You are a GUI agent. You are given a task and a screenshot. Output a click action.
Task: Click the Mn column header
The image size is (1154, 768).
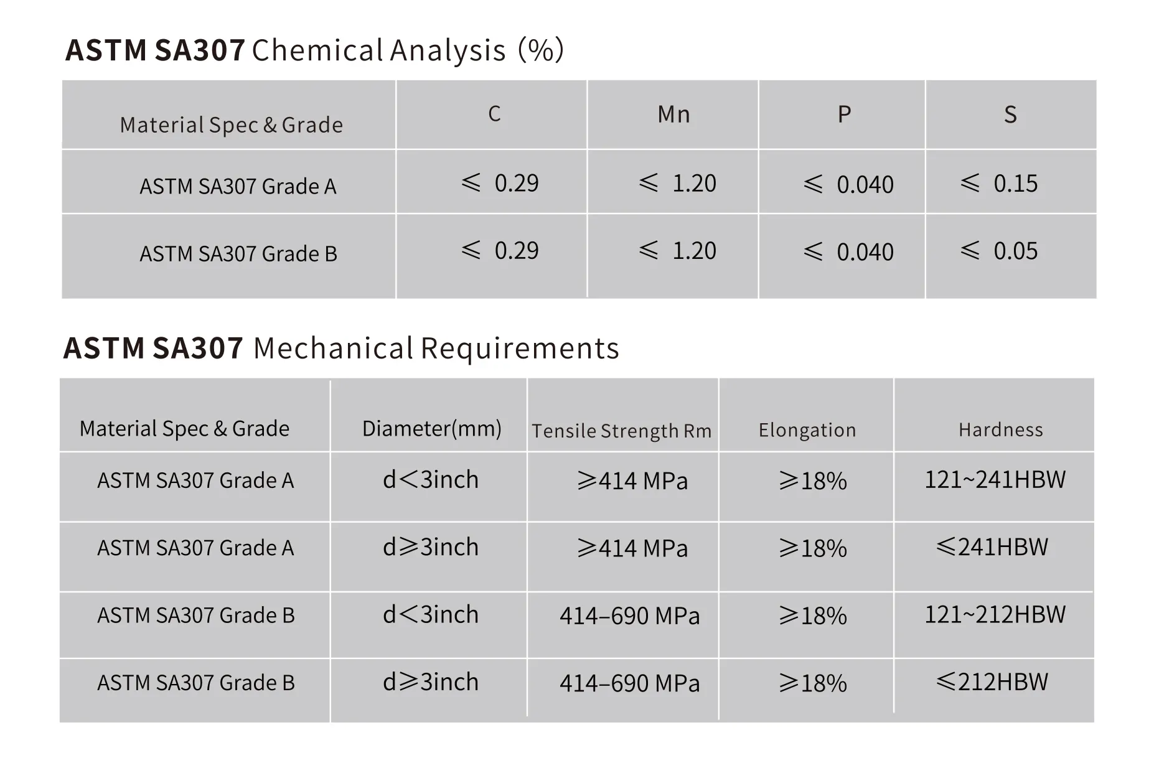tap(673, 115)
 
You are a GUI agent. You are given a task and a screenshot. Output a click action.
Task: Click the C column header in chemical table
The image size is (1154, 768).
tap(494, 114)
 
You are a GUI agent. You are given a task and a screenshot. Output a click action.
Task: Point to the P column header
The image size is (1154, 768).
tap(844, 115)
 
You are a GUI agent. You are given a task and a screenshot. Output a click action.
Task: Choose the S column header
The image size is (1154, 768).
tap(1010, 115)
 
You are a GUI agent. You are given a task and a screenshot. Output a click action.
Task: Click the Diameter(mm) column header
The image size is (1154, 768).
tap(431, 428)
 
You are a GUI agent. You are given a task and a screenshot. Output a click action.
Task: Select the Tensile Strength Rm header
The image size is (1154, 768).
tap(621, 431)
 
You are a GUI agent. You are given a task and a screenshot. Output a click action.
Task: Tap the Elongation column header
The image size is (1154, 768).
tap(807, 430)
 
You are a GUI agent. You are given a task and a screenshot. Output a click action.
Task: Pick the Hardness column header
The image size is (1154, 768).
tap(1000, 429)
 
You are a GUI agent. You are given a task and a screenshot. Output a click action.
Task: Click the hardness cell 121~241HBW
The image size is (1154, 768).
tap(995, 479)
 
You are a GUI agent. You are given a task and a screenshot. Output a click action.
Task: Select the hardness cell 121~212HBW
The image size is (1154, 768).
tap(995, 614)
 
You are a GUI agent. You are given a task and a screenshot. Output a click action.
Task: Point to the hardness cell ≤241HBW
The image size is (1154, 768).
tap(992, 546)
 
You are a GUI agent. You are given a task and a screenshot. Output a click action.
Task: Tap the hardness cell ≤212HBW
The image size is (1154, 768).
tap(992, 681)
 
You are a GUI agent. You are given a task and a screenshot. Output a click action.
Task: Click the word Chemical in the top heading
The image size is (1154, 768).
tap(317, 50)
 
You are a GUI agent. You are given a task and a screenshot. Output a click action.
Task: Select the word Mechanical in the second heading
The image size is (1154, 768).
tap(333, 349)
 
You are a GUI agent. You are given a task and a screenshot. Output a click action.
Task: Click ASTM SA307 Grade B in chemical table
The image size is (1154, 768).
tap(238, 254)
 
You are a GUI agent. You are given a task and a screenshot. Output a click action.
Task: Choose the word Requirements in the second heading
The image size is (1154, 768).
tap(520, 349)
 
